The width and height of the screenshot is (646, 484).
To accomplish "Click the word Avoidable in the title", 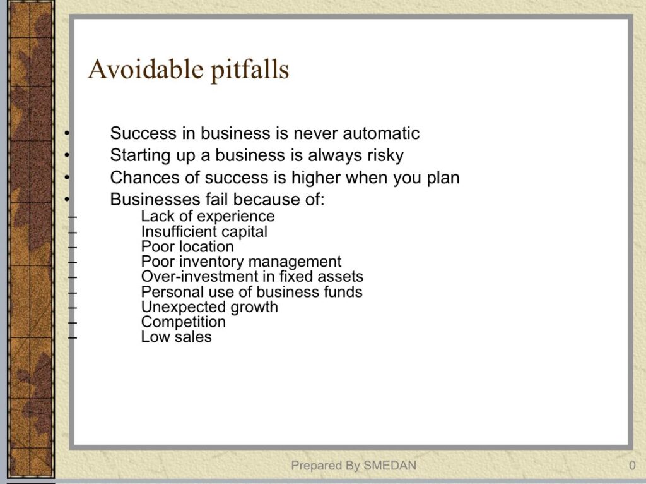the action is coord(146,69).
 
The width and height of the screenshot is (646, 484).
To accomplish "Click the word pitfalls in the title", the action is coord(250,70).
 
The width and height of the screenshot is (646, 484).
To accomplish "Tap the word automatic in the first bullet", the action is coord(381,133).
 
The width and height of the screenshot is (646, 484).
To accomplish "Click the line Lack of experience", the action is coord(208,217).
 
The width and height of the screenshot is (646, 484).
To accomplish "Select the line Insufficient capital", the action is coord(204,231).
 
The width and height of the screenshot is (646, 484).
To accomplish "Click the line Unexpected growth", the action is coord(209,308).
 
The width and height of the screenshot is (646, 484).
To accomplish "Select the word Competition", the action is coord(184,322).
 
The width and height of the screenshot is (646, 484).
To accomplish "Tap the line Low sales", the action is coord(177,337).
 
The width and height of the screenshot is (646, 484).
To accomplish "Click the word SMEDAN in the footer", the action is coord(390,466).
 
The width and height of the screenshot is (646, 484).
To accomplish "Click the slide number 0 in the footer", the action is coord(632,466).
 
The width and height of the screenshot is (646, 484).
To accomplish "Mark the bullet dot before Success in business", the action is coord(66,133).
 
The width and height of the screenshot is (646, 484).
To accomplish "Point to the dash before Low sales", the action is coord(72,338).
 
